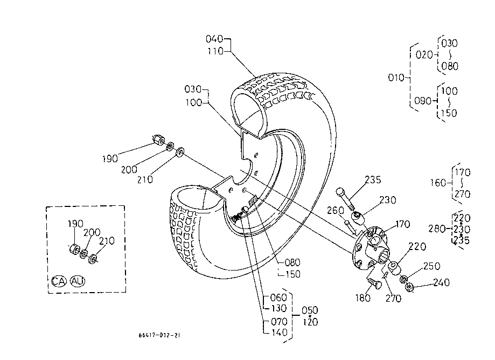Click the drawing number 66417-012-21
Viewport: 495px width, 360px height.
(x=159, y=335)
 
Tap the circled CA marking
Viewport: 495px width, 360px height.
(x=59, y=281)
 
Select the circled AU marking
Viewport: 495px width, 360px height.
(x=78, y=281)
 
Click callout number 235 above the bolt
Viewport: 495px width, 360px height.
(x=373, y=179)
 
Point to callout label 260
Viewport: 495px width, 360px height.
(x=335, y=210)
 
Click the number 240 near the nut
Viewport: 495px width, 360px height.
(x=441, y=282)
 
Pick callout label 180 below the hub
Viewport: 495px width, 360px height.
(x=362, y=298)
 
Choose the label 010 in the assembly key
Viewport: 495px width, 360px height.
(x=396, y=78)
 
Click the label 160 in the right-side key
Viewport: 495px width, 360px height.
(x=438, y=183)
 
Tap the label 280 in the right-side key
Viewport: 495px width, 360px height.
(x=437, y=229)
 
